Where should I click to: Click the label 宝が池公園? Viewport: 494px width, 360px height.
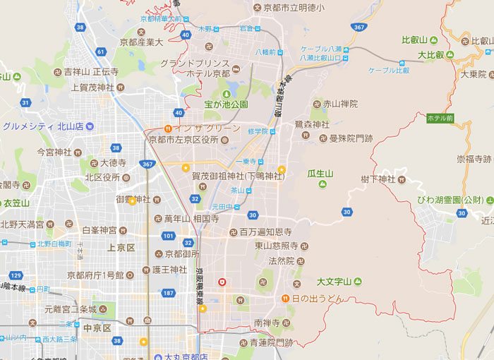(x=226, y=104)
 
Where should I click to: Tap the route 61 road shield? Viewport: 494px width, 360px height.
(x=101, y=52)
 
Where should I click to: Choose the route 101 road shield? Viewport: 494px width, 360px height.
(x=168, y=236)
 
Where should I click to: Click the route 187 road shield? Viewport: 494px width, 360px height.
(x=168, y=293)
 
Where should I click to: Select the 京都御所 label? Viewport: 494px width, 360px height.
(x=182, y=253)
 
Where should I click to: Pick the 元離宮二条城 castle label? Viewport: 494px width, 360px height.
(x=68, y=308)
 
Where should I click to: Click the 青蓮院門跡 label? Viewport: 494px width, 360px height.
(x=270, y=343)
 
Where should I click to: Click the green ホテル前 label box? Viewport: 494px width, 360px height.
(x=441, y=118)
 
